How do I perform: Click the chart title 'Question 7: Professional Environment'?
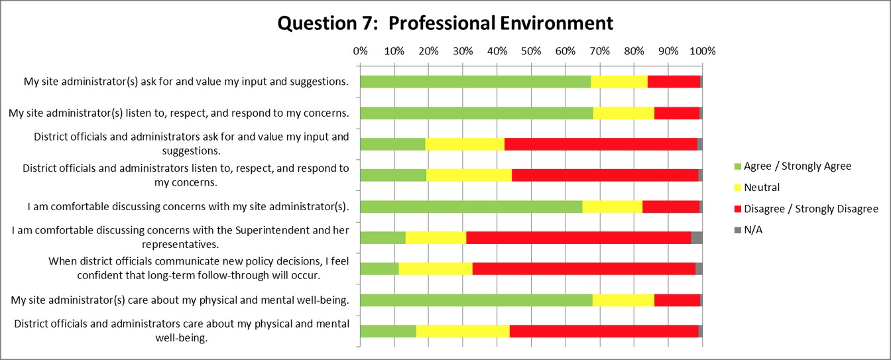click(445, 23)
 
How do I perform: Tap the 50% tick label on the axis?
click(531, 50)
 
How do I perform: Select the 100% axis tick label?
click(702, 50)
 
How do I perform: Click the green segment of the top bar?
click(475, 82)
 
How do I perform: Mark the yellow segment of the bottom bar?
click(463, 331)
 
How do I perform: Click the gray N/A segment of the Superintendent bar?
click(697, 237)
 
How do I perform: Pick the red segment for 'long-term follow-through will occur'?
click(583, 269)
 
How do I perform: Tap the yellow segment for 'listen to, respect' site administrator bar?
click(623, 113)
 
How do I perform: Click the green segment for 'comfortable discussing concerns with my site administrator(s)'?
click(471, 206)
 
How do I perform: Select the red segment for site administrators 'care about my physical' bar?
click(677, 300)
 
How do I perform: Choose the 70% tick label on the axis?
click(599, 50)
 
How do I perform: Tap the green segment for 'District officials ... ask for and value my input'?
click(392, 144)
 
